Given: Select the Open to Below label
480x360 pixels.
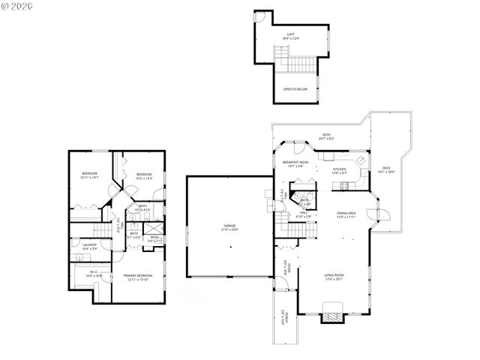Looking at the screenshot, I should click(x=295, y=89).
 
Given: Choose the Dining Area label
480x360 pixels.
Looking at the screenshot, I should click(x=346, y=214).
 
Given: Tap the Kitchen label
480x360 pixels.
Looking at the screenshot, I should click(x=340, y=171).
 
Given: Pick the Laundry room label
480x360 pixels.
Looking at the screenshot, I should click(x=89, y=246).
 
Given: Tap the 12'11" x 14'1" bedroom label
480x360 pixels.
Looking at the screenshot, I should click(x=89, y=175).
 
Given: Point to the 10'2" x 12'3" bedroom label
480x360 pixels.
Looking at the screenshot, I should click(x=144, y=177).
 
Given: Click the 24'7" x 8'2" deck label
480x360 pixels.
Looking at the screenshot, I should click(x=327, y=136).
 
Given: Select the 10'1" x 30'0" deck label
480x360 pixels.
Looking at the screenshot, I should click(x=386, y=169).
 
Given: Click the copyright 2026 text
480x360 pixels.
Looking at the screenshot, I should click(x=19, y=7).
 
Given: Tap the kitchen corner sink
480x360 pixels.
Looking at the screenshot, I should click(x=361, y=160).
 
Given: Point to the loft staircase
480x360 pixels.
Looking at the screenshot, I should click(x=282, y=55).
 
